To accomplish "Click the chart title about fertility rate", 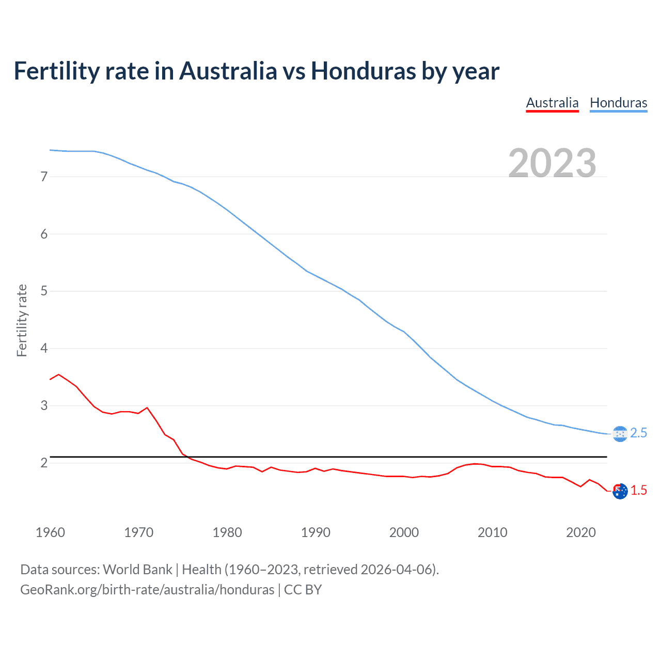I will click(x=256, y=71).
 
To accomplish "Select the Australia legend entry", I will click(x=552, y=103).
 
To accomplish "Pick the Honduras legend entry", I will click(x=618, y=103).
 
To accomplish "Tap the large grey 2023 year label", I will click(x=552, y=163).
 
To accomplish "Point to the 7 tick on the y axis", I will click(x=44, y=177).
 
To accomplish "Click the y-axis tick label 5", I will click(x=44, y=291).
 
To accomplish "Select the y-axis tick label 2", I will click(x=44, y=463).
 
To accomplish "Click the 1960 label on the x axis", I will click(x=50, y=532).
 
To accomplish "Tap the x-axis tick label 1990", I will click(x=316, y=532).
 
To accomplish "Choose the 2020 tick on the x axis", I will click(x=581, y=532).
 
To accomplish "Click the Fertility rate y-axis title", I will click(x=22, y=320).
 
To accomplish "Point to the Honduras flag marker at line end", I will click(x=620, y=434).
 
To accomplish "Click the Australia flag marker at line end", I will click(x=620, y=491).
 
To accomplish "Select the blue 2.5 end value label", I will click(x=638, y=433).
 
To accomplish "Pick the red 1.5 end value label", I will click(x=639, y=491).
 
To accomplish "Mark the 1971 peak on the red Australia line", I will click(x=147, y=408).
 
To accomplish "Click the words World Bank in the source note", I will click(x=137, y=570).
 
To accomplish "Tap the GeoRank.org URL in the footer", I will click(x=147, y=590).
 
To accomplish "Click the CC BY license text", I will click(x=303, y=590).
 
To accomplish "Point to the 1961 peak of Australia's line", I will click(x=59, y=374).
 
